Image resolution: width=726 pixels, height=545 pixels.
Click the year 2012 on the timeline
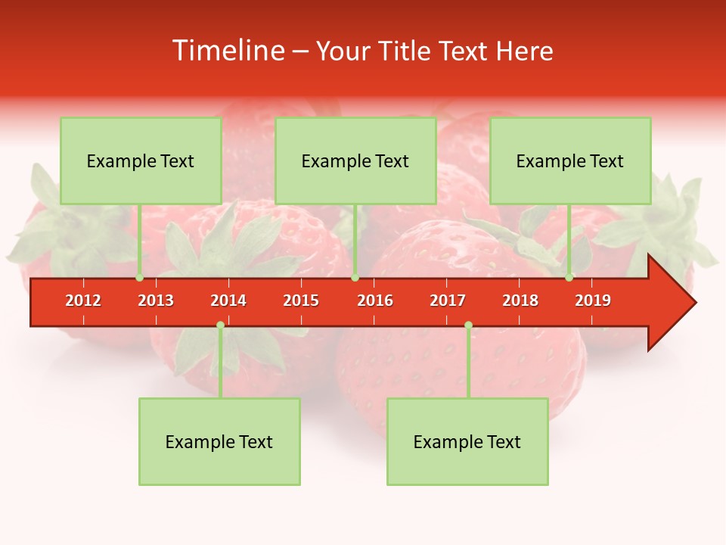click(x=83, y=301)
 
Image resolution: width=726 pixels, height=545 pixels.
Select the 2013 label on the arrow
click(x=156, y=301)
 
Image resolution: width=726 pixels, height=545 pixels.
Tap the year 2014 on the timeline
click(x=228, y=301)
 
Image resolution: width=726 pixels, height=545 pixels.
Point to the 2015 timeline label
click(x=301, y=301)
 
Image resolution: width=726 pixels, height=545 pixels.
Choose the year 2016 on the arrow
click(x=375, y=301)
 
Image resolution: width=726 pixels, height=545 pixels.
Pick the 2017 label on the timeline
click(x=448, y=301)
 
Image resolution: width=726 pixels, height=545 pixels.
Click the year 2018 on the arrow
click(x=520, y=301)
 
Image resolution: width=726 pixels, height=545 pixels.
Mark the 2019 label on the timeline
click(x=593, y=301)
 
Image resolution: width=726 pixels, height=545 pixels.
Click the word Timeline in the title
click(x=227, y=51)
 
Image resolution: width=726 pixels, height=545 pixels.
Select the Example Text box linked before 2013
click(x=141, y=160)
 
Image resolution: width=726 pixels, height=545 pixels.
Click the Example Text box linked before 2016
click(x=355, y=160)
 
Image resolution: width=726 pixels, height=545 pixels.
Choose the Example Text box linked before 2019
click(x=570, y=160)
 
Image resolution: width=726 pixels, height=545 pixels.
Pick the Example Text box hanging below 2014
click(x=219, y=441)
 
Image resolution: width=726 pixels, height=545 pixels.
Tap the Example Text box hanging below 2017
click(x=467, y=441)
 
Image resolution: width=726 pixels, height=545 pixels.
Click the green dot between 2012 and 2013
click(x=139, y=278)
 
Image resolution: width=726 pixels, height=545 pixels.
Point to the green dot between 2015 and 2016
click(x=355, y=278)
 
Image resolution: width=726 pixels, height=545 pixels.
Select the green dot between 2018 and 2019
click(x=569, y=278)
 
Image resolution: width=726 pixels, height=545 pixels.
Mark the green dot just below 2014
click(x=220, y=325)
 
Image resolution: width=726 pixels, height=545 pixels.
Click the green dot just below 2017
click(x=468, y=325)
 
